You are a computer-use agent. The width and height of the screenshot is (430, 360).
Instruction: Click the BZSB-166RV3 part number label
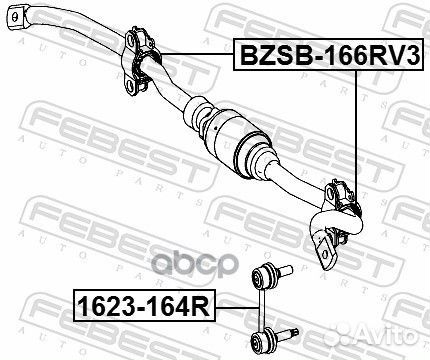click(329, 54)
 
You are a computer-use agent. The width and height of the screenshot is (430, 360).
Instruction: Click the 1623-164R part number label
click(144, 306)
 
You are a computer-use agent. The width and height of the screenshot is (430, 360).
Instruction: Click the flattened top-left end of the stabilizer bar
click(17, 18)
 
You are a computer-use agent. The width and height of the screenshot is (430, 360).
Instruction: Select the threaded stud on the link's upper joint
click(282, 270)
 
